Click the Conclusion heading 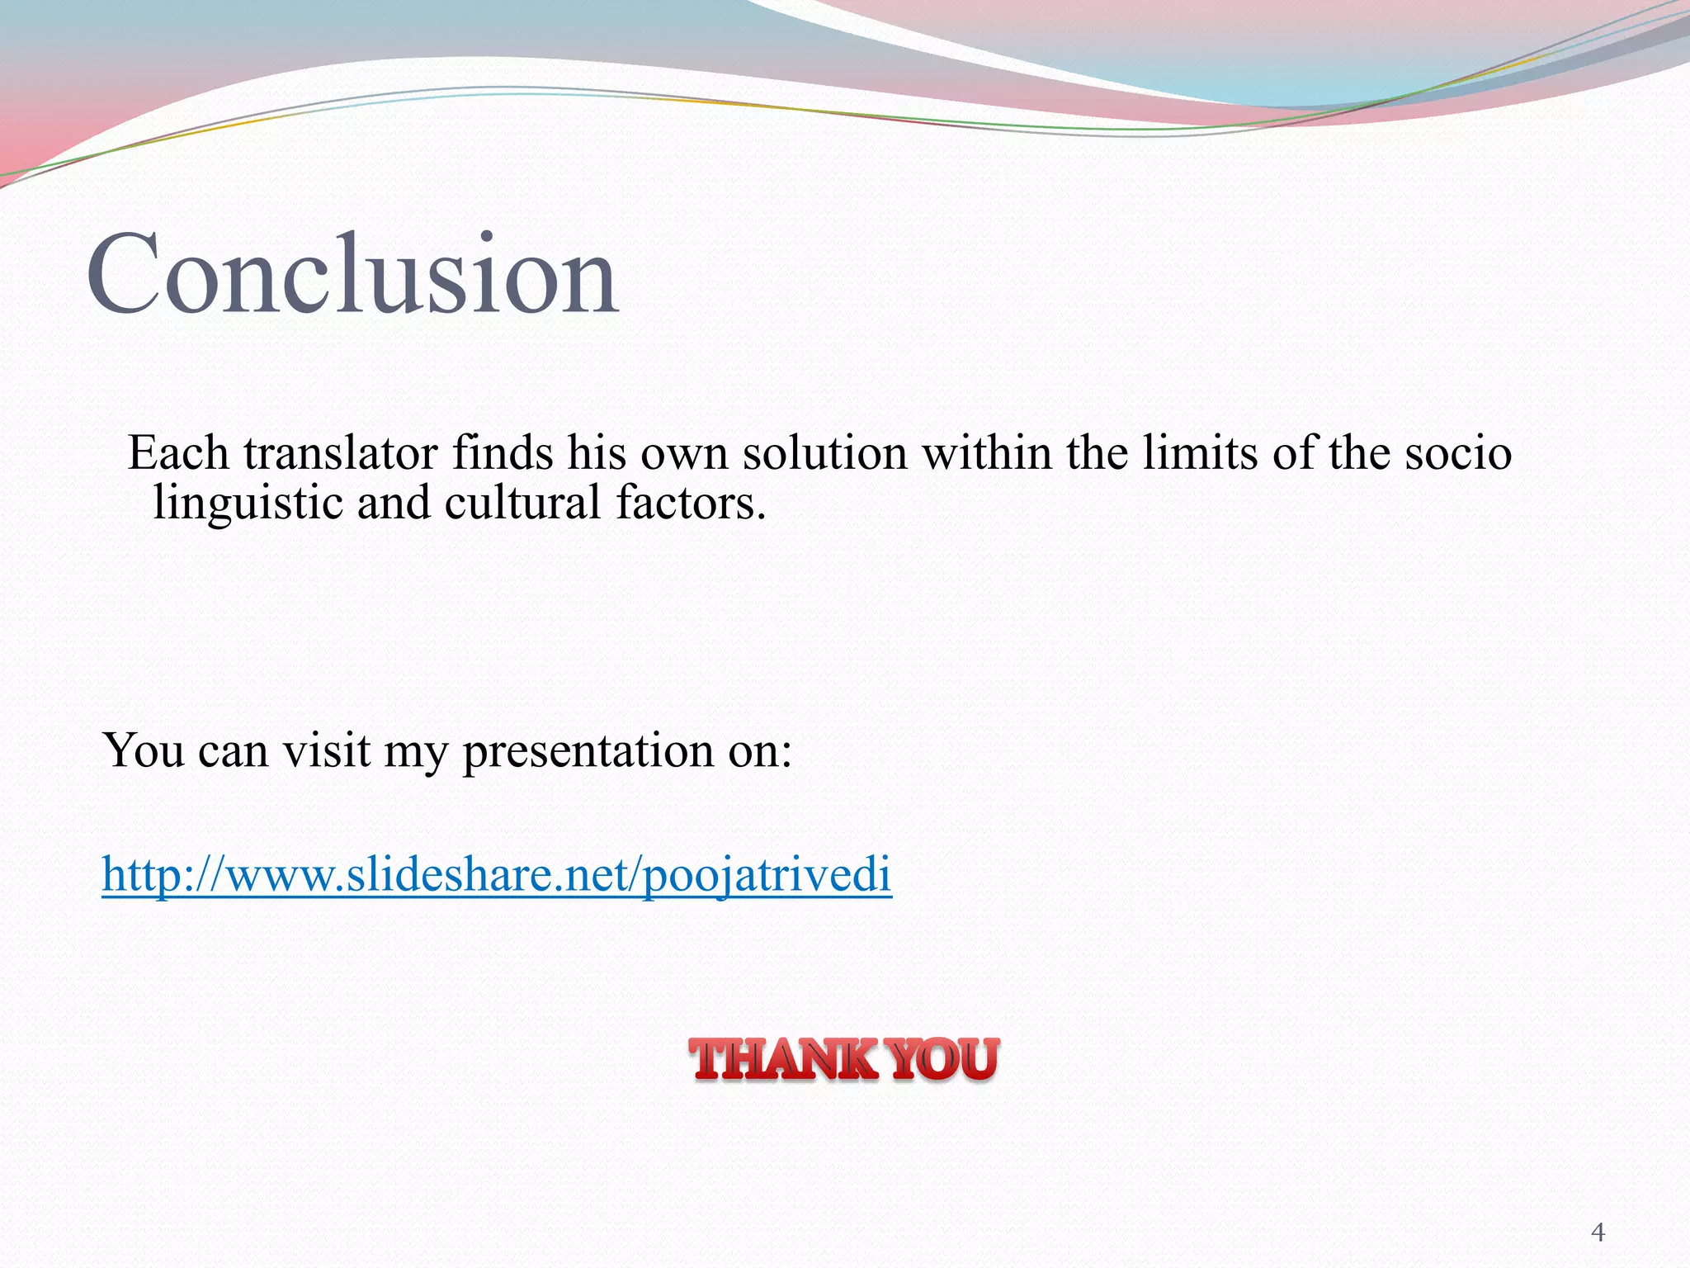[x=352, y=274]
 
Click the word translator [x=340, y=453]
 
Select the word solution [x=824, y=453]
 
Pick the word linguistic [x=248, y=504]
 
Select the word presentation [x=588, y=751]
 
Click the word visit [x=327, y=751]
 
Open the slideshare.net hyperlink [x=497, y=875]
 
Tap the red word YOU [x=946, y=1060]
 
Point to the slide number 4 [x=1598, y=1233]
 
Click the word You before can [x=143, y=751]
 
